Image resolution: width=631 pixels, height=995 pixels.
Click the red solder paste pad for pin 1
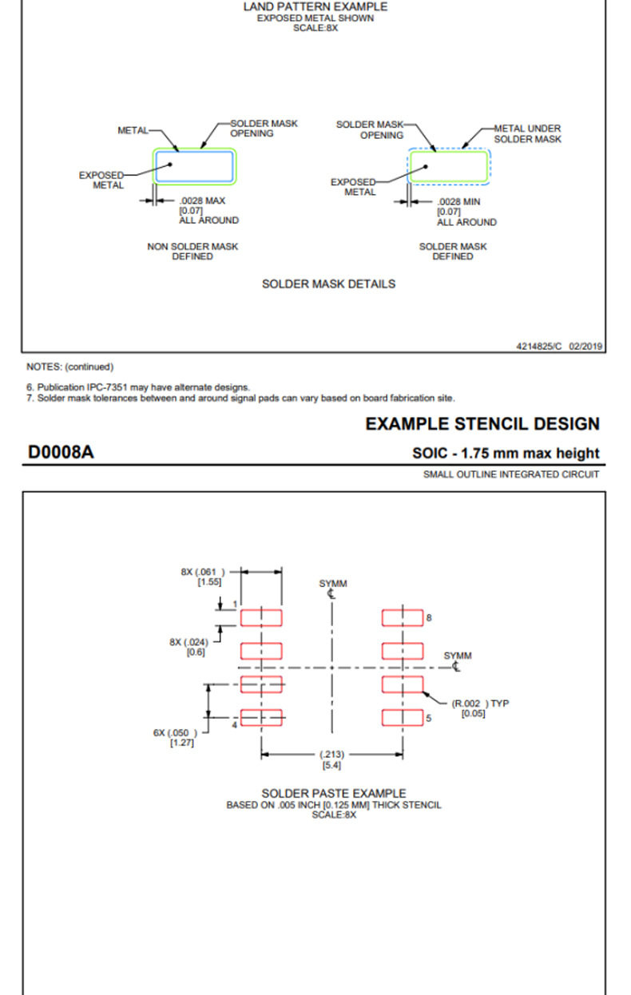coord(261,617)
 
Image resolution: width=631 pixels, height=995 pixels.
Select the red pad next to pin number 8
coord(402,617)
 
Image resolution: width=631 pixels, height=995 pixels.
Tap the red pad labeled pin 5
coord(402,717)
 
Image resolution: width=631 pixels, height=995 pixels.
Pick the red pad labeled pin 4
coord(261,717)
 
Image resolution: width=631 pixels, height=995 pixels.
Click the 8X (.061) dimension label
coord(203,577)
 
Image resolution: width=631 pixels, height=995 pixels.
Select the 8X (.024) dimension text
coord(189,647)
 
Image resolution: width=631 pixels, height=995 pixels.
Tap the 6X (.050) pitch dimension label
coord(175,737)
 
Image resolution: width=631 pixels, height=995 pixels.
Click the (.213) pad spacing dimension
coord(331,759)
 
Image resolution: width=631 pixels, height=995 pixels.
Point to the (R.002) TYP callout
coord(480,708)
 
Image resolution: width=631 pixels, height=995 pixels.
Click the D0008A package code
coord(61,452)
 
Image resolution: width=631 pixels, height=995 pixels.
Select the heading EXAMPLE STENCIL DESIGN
coord(482,424)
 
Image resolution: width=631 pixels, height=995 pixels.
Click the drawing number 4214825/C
coord(538,346)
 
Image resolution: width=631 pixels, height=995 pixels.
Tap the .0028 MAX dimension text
coord(202,200)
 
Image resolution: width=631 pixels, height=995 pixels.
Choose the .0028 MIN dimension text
coord(459,202)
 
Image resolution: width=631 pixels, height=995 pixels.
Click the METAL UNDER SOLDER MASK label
coord(527,133)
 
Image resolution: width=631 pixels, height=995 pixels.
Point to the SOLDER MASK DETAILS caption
coord(328,283)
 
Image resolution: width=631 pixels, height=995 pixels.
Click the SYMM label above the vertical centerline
coord(333,583)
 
